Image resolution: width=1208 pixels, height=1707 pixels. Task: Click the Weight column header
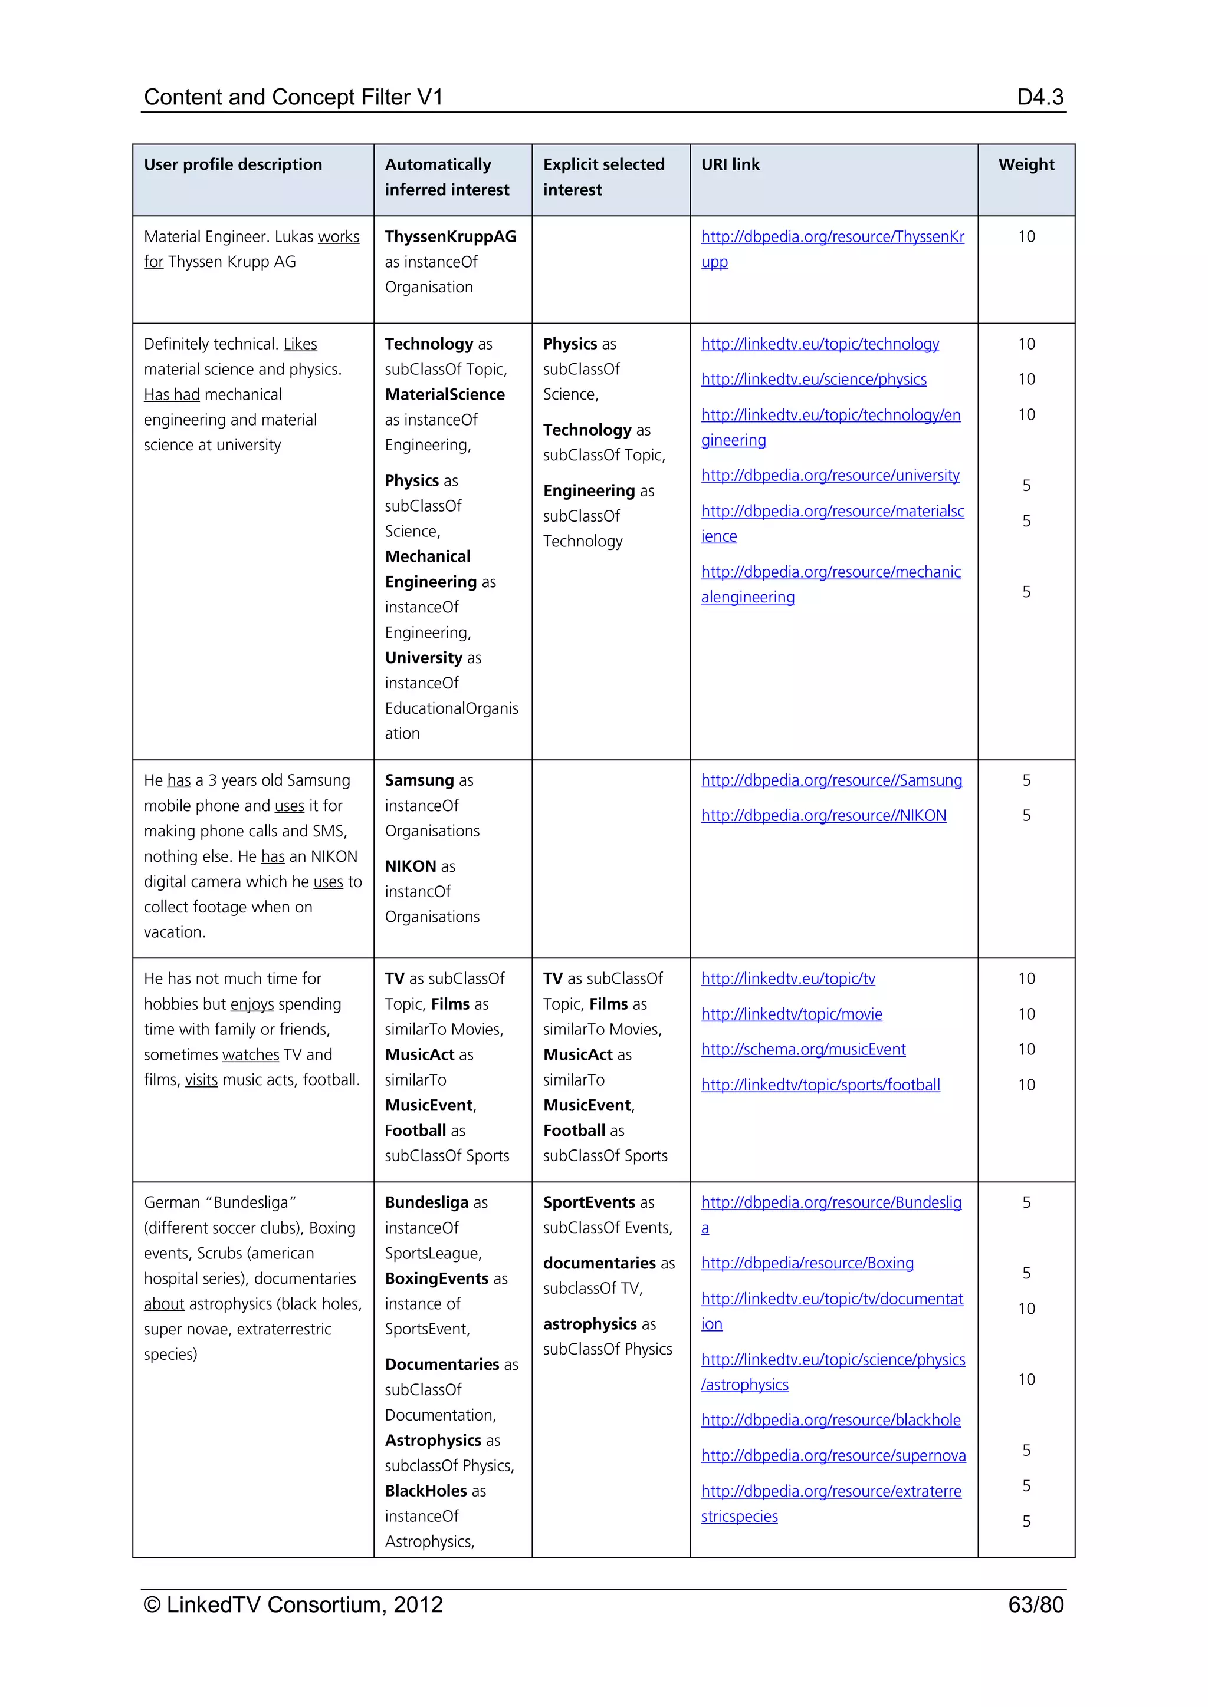1026,164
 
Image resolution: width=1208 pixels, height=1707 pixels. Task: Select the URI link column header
730,164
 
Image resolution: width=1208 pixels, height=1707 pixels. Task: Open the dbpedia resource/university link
829,476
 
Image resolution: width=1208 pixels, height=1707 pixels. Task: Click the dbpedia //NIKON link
823,816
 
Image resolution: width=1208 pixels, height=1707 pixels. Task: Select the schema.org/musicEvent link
803,1050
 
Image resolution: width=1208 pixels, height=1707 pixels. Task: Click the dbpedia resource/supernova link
832,1456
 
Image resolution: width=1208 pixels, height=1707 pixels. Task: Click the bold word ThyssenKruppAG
450,237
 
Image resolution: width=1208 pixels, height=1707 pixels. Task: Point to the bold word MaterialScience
444,395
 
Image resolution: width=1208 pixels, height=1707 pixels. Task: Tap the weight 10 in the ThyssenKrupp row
1026,237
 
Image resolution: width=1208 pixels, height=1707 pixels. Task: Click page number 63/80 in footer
1035,1604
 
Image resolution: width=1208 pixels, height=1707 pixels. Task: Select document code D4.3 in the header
1039,97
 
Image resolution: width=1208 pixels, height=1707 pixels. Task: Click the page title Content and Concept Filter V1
293,97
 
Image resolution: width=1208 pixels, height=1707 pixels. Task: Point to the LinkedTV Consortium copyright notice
293,1604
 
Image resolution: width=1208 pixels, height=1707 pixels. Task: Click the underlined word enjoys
251,1004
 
